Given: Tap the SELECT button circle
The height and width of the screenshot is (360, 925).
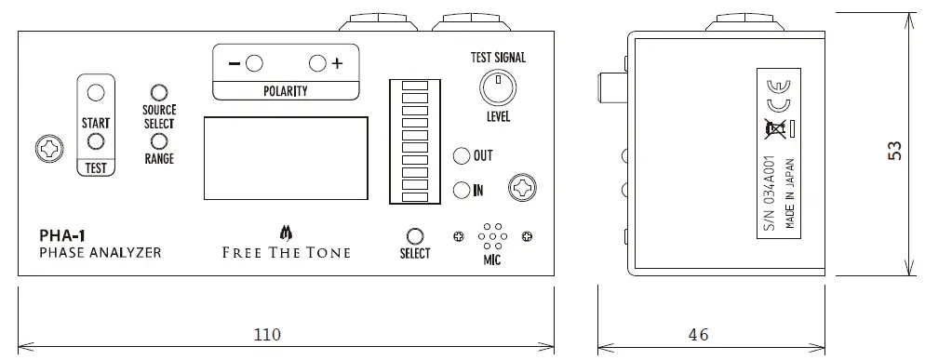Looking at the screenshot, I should coord(415,235).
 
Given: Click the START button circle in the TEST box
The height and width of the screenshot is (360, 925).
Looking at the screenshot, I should coord(95,93).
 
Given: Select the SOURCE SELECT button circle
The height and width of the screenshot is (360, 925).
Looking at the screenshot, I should coord(159,93).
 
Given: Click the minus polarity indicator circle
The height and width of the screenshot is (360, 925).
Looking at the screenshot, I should coord(254,63).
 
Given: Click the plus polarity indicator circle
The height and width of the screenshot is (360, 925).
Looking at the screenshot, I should coord(317,63).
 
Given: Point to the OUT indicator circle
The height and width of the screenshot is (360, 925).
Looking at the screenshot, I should coord(461,155).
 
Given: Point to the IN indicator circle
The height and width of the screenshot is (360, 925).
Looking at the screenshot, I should coord(461,191).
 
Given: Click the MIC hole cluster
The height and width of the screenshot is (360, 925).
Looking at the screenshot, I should coord(492,237).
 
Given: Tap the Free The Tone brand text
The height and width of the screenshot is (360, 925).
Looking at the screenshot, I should coord(285,252).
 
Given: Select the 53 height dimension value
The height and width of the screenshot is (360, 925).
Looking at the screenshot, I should coord(895,150).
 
